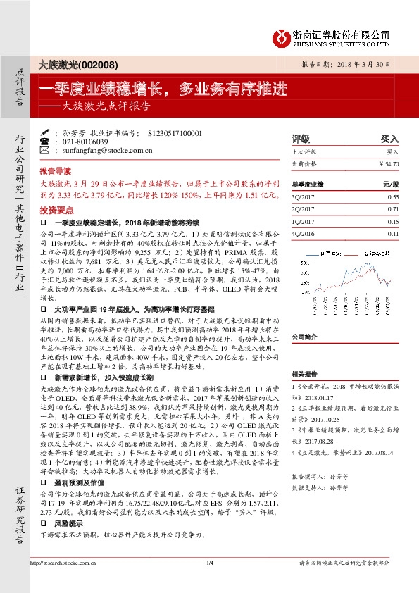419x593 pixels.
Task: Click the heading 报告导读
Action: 56,170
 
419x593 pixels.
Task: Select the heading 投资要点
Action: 56,210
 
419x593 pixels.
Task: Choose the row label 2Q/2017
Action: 303,210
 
